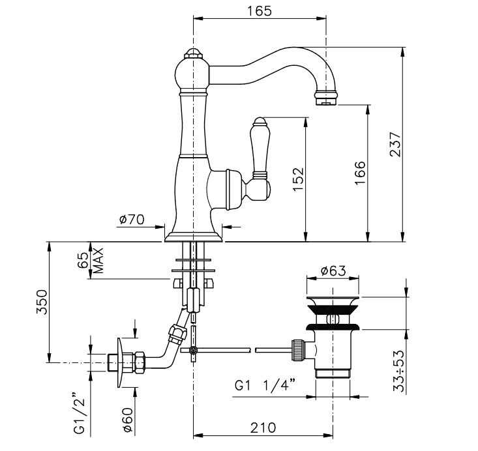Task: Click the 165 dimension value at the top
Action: click(260, 10)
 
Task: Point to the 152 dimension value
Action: click(298, 177)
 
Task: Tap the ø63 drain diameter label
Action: click(333, 271)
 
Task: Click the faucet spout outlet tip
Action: click(325, 99)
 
